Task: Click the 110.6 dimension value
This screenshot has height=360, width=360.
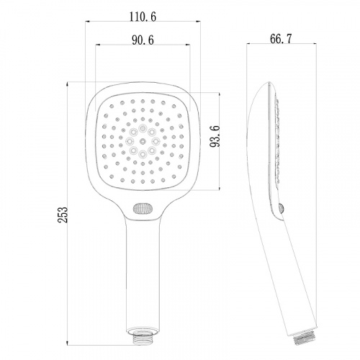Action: click(x=143, y=17)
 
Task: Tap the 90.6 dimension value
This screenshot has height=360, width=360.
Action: click(x=143, y=40)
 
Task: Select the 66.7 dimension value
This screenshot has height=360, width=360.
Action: click(x=281, y=39)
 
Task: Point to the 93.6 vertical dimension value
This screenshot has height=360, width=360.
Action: click(x=215, y=136)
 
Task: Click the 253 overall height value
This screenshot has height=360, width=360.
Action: click(x=63, y=215)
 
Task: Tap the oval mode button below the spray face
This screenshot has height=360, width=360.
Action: click(x=143, y=208)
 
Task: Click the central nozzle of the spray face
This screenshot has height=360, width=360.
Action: click(x=143, y=141)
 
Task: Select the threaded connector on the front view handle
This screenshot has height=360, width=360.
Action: click(x=143, y=337)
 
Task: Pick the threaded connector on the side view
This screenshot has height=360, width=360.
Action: click(x=305, y=336)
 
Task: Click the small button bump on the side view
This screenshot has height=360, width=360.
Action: click(x=282, y=208)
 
